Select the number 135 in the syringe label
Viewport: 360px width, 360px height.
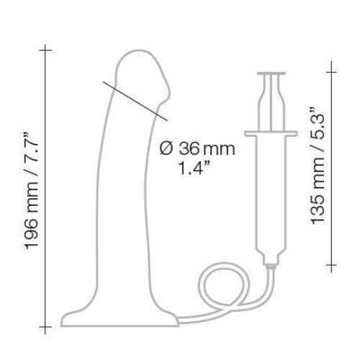click(x=318, y=210)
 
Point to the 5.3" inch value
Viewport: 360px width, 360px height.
click(x=318, y=124)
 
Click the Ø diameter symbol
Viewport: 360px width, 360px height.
click(x=166, y=148)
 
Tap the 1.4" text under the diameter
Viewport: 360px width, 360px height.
click(x=194, y=168)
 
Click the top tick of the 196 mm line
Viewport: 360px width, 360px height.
click(x=45, y=50)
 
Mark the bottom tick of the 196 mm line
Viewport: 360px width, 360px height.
click(x=45, y=327)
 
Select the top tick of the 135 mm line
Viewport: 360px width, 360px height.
click(x=331, y=72)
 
